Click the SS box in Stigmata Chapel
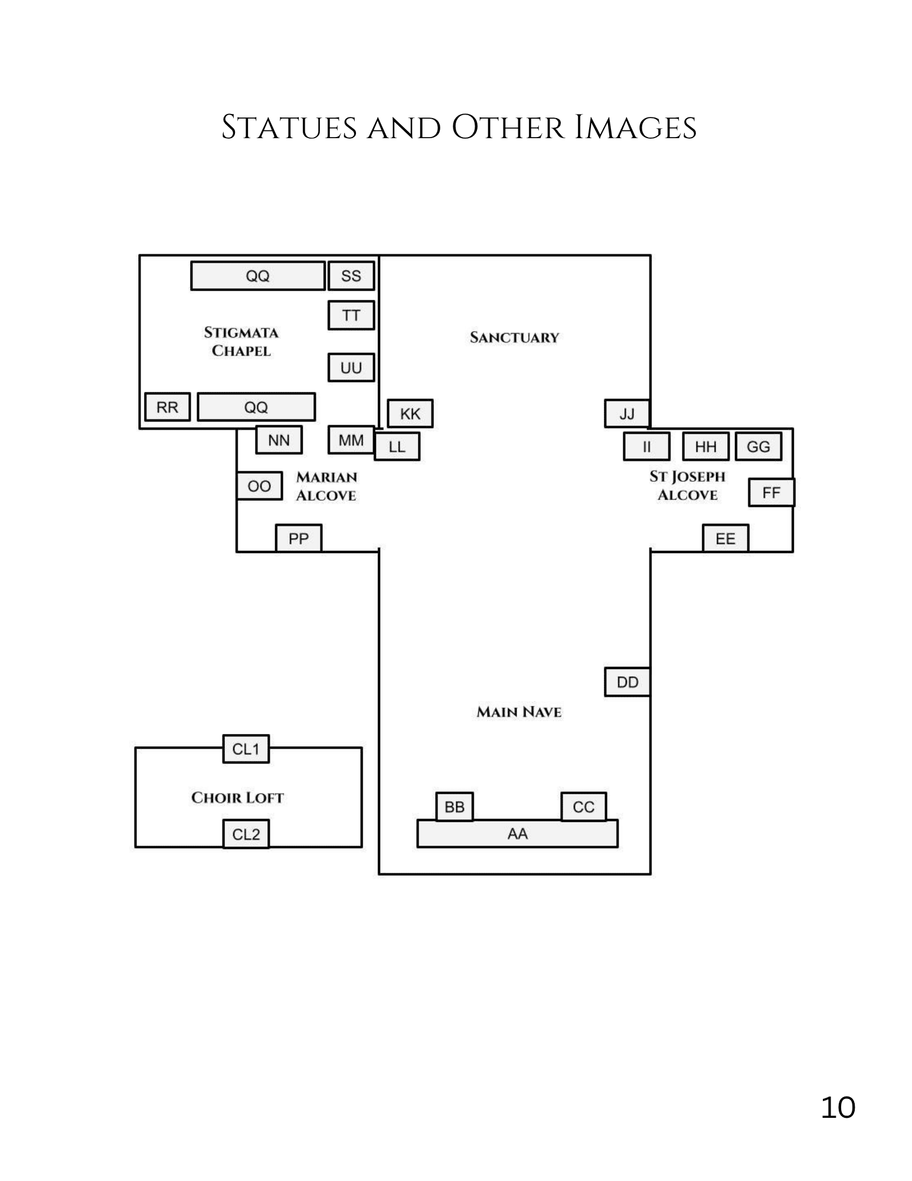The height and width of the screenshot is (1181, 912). coord(351,276)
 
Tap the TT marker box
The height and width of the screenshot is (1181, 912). coord(351,315)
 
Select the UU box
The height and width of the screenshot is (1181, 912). coord(351,368)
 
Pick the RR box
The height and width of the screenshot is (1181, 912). coord(168,407)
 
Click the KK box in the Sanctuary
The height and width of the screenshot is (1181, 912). coord(410,413)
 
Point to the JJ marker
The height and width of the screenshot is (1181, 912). coord(627,413)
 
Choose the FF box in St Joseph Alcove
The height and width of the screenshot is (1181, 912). coord(771,492)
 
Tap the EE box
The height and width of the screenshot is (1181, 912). coord(725,539)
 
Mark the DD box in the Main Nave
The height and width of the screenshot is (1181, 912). coord(627,682)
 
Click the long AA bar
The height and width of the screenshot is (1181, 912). coord(517,834)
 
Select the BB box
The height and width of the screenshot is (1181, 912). coord(455,807)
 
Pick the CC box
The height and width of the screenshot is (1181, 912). coord(583,807)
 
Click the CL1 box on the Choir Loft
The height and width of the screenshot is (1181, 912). coord(246,749)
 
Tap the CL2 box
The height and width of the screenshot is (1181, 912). coord(246,834)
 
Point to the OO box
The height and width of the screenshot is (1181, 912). coord(259,486)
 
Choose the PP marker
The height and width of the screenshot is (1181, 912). coord(299,539)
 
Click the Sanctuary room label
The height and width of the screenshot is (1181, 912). coord(514,338)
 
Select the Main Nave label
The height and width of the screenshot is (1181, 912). coord(519,712)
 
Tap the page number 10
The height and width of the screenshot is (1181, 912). coord(838,1107)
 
